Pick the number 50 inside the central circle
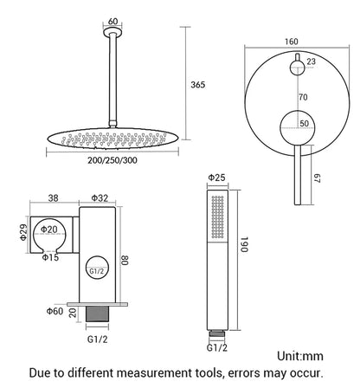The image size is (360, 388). pyautogui.click(x=304, y=125)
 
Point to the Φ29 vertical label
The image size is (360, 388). pyautogui.click(x=13, y=234)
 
